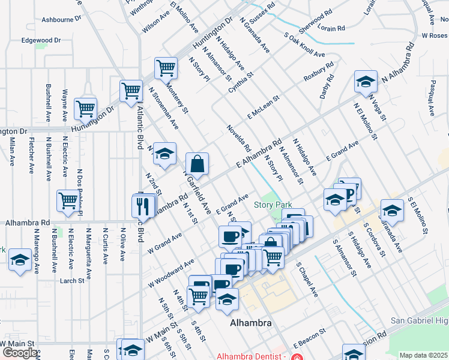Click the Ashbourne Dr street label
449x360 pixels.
click(x=61, y=19)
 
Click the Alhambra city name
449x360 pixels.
click(x=251, y=323)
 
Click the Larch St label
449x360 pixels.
click(x=71, y=280)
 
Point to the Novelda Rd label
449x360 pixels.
click(x=239, y=139)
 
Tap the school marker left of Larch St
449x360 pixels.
click(x=20, y=260)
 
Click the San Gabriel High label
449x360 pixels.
click(x=420, y=321)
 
